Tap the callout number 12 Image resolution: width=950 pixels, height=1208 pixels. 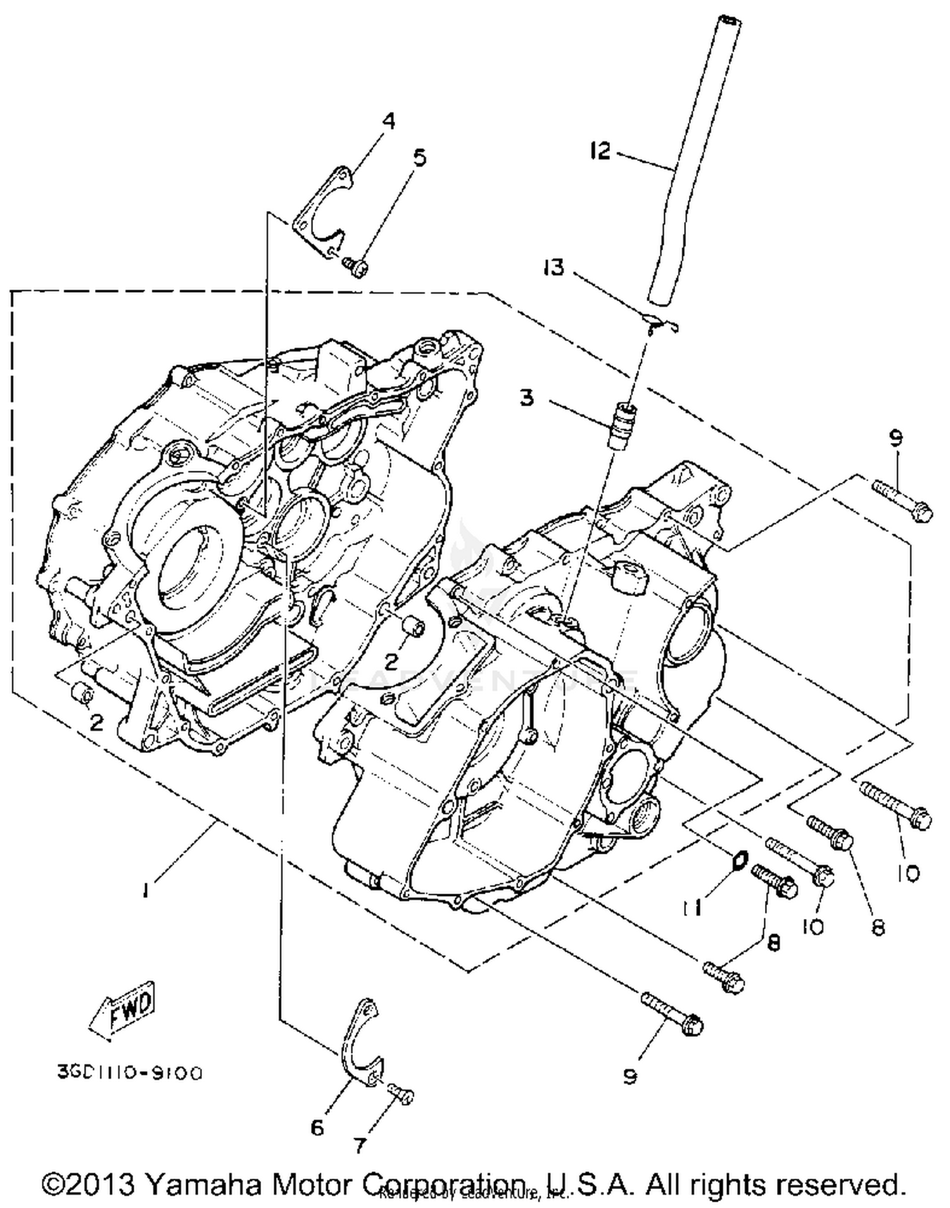click(599, 151)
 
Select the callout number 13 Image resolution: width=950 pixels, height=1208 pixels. click(553, 267)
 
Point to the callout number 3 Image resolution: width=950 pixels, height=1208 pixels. click(527, 398)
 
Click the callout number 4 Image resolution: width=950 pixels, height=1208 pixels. click(389, 120)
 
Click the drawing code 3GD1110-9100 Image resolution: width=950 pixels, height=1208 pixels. click(130, 1073)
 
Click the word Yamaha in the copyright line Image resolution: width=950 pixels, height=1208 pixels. click(207, 1183)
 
